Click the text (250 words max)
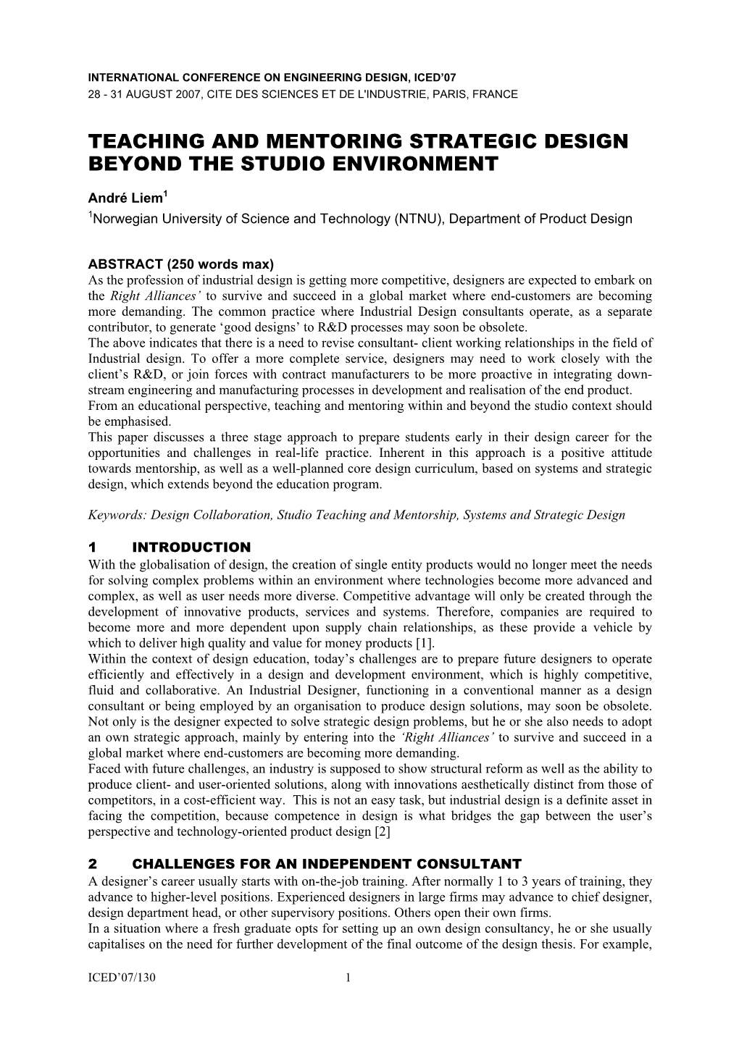coord(216,264)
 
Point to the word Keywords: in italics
coord(116,515)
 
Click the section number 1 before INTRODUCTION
coord(92,547)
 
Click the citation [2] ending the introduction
coord(383,831)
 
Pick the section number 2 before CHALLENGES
coord(92,864)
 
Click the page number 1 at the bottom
coord(348,978)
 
